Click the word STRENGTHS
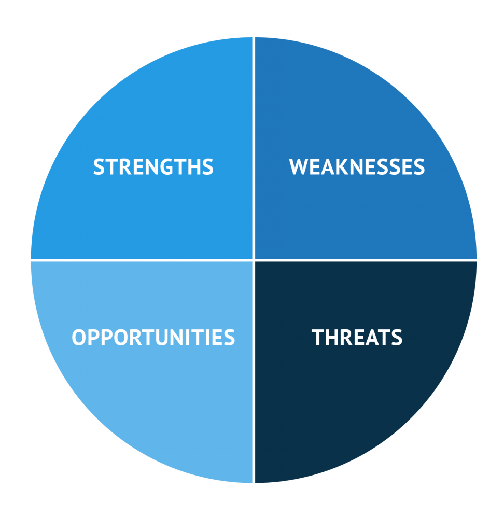[153, 167]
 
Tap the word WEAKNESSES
[357, 167]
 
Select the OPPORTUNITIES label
[153, 338]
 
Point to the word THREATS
[357, 338]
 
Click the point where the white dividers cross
[254, 259]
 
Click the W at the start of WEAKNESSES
[299, 167]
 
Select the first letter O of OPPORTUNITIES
[79, 338]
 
